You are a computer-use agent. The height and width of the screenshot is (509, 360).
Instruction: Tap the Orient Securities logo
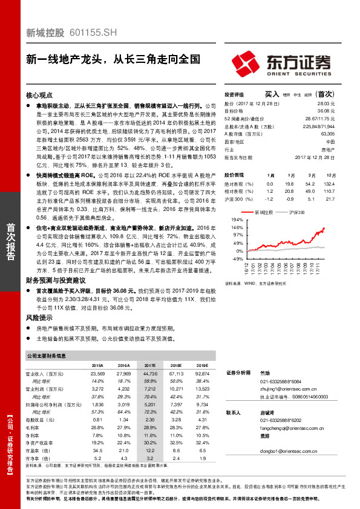282,63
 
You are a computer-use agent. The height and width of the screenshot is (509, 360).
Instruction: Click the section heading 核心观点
39,96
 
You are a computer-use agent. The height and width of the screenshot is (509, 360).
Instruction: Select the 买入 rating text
271,94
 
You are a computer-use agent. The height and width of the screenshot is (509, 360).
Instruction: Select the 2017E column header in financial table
150,366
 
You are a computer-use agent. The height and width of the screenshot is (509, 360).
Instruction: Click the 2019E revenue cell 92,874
201,374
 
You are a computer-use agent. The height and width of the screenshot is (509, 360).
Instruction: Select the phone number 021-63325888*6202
280,419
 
